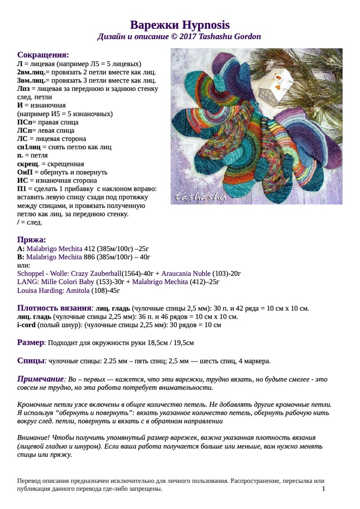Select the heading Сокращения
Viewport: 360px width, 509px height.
(43, 55)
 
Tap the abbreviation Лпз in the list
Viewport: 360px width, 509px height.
(23, 89)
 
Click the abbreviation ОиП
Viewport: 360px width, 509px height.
(25, 172)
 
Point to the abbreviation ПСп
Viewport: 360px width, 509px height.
(24, 122)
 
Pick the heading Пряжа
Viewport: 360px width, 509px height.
(31, 239)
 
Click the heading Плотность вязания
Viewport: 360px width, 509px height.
(54, 308)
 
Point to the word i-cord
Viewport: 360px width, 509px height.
(26, 325)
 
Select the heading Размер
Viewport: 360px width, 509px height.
(31, 342)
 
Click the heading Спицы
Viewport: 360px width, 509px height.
(31, 360)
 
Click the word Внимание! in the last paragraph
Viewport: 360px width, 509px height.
(33, 437)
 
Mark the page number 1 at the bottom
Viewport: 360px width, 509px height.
(324, 489)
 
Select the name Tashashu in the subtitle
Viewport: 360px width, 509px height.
(210, 36)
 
